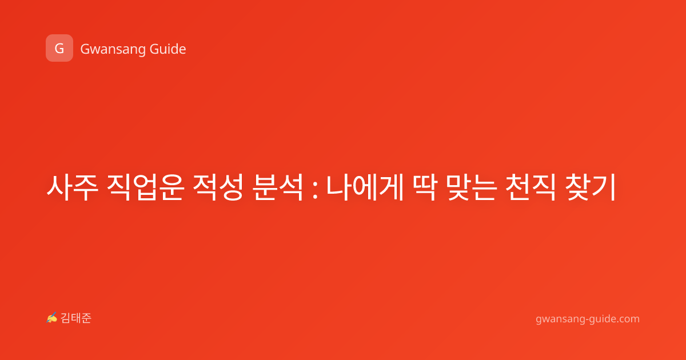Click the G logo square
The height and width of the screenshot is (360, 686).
(x=59, y=48)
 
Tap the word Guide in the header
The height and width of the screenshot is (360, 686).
(x=167, y=49)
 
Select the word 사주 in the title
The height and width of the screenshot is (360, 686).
(x=73, y=187)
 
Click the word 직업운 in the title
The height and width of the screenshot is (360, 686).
(x=145, y=187)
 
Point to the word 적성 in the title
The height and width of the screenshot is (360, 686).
(x=218, y=187)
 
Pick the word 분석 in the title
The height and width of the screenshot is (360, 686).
(x=277, y=187)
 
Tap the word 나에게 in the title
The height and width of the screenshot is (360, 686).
(x=365, y=187)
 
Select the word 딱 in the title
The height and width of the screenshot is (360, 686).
(x=424, y=187)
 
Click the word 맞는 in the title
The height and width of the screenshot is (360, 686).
(x=471, y=187)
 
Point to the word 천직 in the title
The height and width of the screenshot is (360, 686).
(x=530, y=187)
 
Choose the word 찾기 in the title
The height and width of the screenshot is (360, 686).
(x=590, y=187)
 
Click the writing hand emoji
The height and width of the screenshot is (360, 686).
(x=52, y=318)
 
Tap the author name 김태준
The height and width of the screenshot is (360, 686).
(x=76, y=318)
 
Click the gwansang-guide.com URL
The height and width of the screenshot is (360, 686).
(x=588, y=319)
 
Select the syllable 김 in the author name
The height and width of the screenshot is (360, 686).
(x=66, y=318)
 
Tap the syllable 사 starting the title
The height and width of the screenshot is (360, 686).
(x=59, y=187)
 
